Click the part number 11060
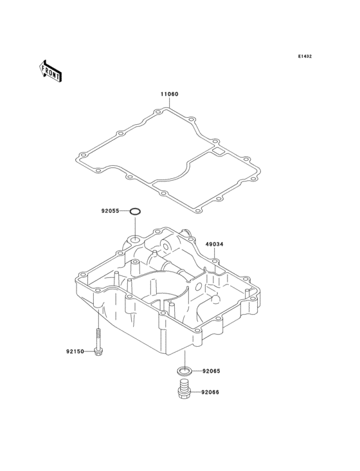pos(169,94)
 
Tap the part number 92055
pos(110,211)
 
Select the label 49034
pos(214,245)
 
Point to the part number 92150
pos(75,351)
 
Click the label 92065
pos(212,371)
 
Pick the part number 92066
pos(210,392)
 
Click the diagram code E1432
pos(305,56)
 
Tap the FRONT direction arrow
pos(50,71)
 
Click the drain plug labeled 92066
pos(183,389)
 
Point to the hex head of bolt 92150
pos(98,352)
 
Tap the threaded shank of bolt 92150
pos(98,338)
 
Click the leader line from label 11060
pos(169,102)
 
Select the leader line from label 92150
pos(89,351)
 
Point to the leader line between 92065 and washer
pos(197,371)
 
